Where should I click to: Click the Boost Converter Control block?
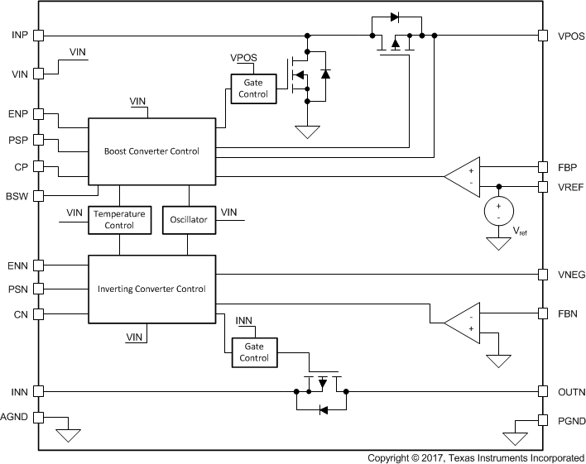click(151, 152)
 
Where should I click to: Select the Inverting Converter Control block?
click(151, 289)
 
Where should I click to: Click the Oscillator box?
click(188, 219)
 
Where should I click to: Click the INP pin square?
click(39, 35)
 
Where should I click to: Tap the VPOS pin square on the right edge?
click(542, 36)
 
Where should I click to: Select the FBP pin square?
click(542, 166)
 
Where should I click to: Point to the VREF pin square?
click(542, 186)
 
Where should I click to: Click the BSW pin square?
click(39, 196)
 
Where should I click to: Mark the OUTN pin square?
click(542, 391)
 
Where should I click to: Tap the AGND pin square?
click(39, 418)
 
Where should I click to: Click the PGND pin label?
click(572, 421)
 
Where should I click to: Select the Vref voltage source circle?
click(498, 211)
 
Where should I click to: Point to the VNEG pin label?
click(572, 275)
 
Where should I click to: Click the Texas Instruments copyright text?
click(475, 457)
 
